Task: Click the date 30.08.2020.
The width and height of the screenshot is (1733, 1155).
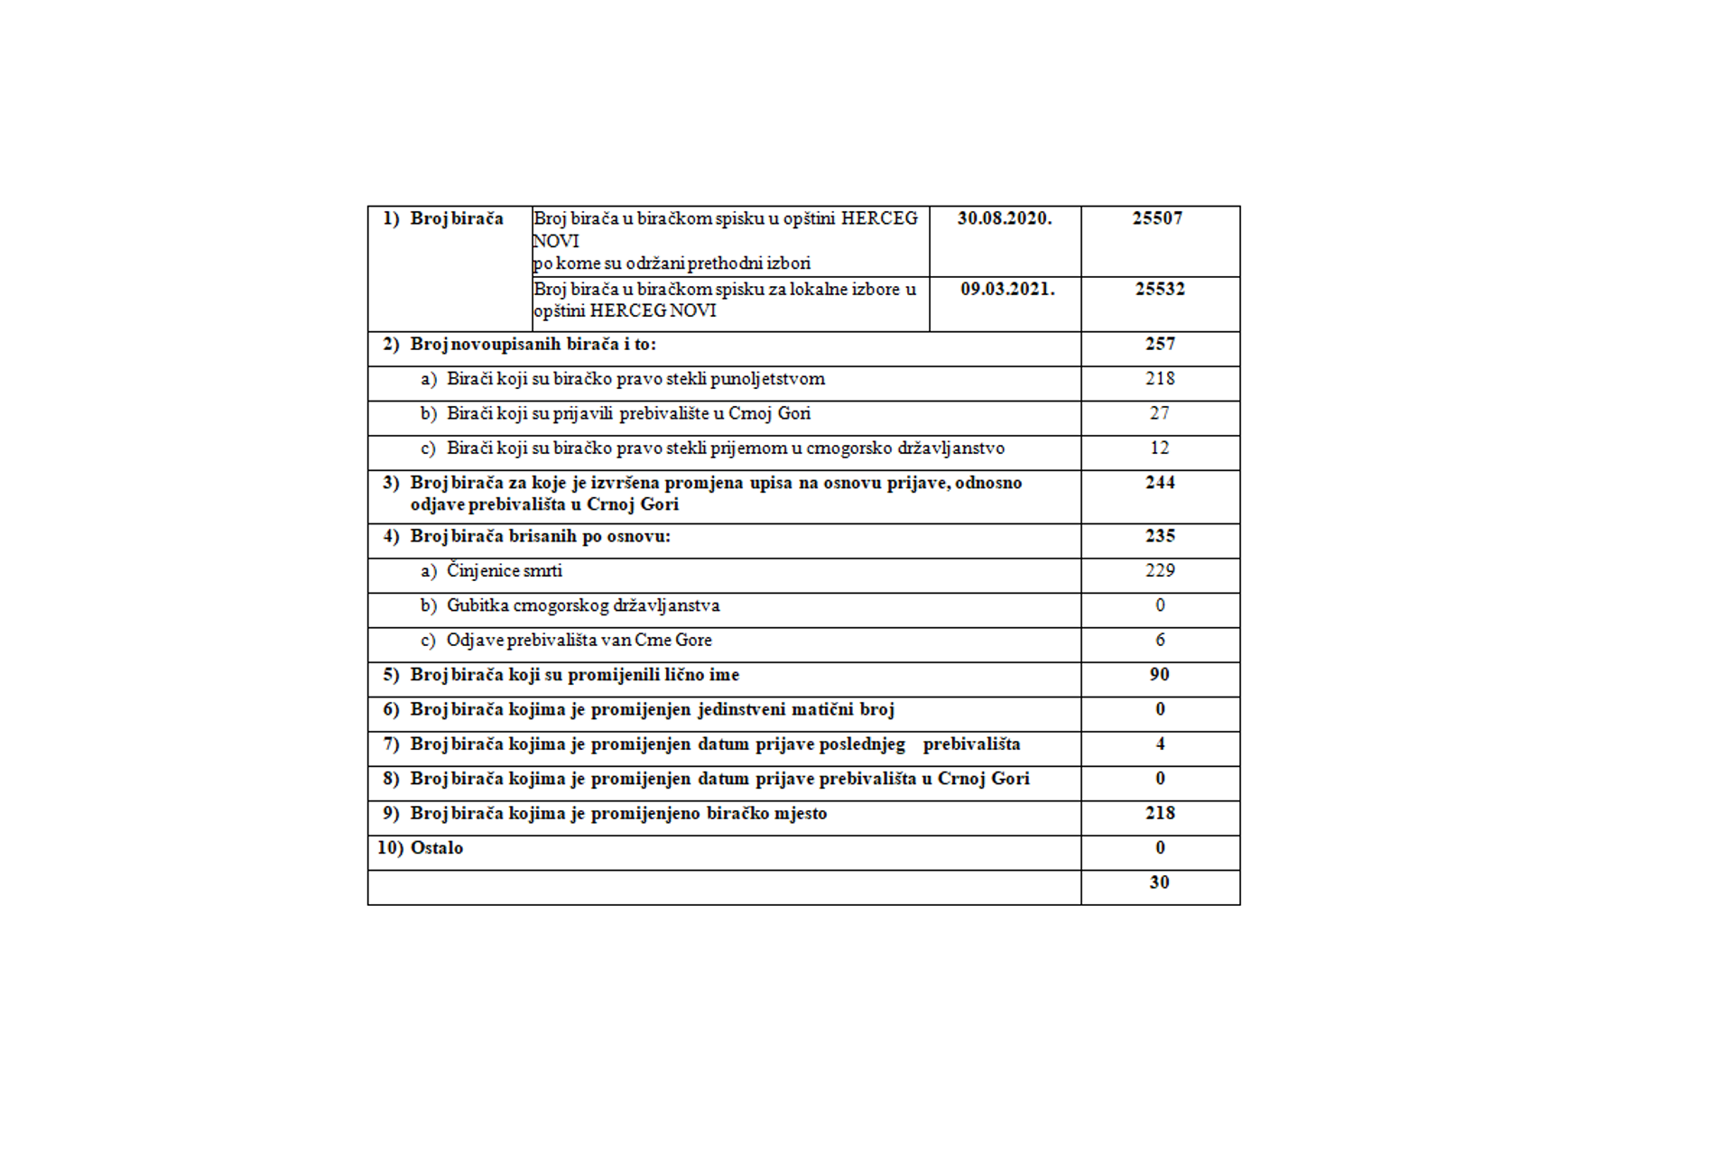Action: [x=1005, y=218]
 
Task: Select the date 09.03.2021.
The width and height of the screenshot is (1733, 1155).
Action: [x=1007, y=290]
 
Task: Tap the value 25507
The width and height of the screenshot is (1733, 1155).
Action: [x=1157, y=218]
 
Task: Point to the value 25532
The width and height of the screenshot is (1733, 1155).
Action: [x=1160, y=290]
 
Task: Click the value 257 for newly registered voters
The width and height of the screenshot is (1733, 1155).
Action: [x=1160, y=344]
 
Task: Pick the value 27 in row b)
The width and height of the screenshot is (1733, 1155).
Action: [x=1160, y=413]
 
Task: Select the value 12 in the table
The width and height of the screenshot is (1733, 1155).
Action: [x=1160, y=448]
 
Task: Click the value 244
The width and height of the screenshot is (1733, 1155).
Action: [x=1160, y=483]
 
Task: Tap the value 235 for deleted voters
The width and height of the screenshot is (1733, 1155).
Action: [x=1160, y=536]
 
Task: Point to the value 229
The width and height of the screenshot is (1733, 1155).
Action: [x=1160, y=570]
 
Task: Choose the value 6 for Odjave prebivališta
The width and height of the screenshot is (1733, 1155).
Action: [x=1160, y=640]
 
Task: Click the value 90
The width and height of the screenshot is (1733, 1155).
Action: [x=1160, y=675]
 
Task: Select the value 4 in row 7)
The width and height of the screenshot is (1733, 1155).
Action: [x=1160, y=744]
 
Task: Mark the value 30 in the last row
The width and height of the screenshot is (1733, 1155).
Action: [x=1160, y=882]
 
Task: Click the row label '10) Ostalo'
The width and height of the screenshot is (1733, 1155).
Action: [x=420, y=848]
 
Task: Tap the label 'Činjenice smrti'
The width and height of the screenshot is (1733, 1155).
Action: [x=504, y=571]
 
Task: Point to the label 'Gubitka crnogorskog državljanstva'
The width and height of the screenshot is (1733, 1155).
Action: [x=582, y=605]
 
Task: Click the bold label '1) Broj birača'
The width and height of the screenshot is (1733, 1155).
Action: [x=443, y=218]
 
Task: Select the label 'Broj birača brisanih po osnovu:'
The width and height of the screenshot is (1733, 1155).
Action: [x=540, y=536]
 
